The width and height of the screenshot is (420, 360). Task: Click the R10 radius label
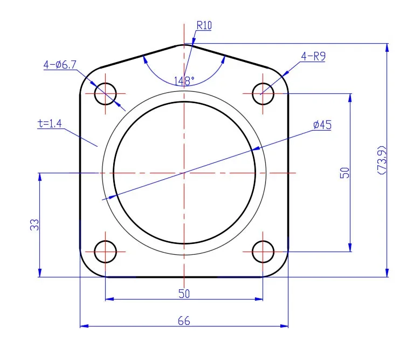pyautogui.click(x=204, y=25)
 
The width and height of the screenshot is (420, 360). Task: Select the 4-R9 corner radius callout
pyautogui.click(x=313, y=57)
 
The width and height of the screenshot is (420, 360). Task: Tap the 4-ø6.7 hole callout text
pyautogui.click(x=60, y=65)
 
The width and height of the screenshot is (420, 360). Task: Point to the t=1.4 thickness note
pyautogui.click(x=50, y=124)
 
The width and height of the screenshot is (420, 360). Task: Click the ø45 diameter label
pyautogui.click(x=322, y=125)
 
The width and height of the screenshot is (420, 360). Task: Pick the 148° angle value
pyautogui.click(x=184, y=81)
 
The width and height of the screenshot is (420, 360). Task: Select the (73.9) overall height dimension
pyautogui.click(x=382, y=160)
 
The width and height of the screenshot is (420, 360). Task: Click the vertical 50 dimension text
pyautogui.click(x=345, y=173)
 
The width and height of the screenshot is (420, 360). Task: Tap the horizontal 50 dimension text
pyautogui.click(x=184, y=294)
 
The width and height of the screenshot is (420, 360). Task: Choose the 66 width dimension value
pyautogui.click(x=184, y=321)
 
